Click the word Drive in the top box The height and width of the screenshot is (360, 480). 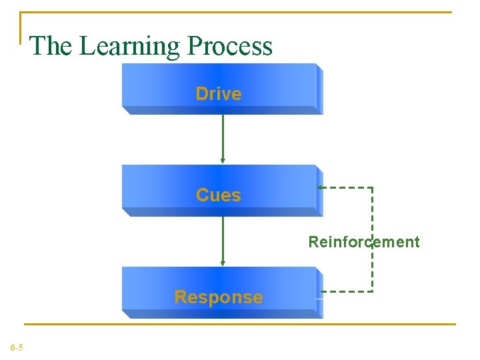pyautogui.click(x=219, y=94)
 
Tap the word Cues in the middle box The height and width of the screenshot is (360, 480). pyautogui.click(x=219, y=195)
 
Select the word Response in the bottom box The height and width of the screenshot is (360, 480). pyautogui.click(x=219, y=297)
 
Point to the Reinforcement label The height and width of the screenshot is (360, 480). pyautogui.click(x=364, y=242)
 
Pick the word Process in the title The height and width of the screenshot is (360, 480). pyautogui.click(x=230, y=46)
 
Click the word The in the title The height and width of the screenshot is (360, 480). pyautogui.click(x=52, y=46)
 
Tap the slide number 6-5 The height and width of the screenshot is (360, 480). pyautogui.click(x=17, y=347)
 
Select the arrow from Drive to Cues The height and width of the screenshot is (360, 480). pyautogui.click(x=223, y=137)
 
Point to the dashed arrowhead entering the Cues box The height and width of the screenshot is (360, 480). pyautogui.click(x=321, y=188)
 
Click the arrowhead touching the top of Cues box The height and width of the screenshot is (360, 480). pyautogui.click(x=223, y=160)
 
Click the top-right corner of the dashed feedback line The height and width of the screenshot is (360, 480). pyautogui.click(x=372, y=188)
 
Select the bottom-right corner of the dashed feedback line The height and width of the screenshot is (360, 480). pyautogui.click(x=372, y=291)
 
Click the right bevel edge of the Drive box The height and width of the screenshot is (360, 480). pyautogui.click(x=319, y=89)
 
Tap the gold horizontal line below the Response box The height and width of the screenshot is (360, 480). pyautogui.click(x=240, y=325)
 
